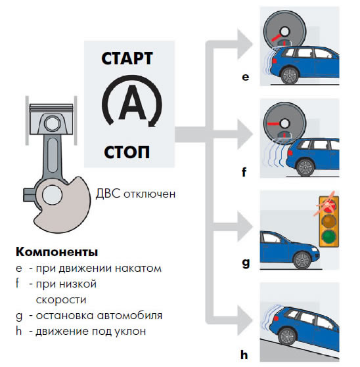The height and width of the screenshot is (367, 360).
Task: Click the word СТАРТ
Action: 127,58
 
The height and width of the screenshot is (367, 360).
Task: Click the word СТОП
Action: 127,152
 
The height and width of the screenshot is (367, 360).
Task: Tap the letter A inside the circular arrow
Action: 132,102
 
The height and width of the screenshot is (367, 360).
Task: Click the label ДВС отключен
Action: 135,194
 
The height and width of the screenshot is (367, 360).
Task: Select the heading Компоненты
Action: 56,252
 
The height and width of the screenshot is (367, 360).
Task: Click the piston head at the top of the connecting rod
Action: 51,119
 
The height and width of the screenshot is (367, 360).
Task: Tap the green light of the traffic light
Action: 329,236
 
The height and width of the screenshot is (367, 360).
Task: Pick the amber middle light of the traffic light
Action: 329,221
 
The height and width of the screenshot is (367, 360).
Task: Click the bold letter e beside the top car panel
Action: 246,77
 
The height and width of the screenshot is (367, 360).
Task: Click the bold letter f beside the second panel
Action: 244,172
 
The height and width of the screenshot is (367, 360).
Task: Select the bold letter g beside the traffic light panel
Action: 246,263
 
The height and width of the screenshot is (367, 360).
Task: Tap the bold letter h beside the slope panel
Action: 244,355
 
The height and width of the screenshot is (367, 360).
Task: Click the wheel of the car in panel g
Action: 303,260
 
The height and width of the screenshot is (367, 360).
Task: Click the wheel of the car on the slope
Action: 288,337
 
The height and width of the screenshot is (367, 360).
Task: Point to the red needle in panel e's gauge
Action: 277,37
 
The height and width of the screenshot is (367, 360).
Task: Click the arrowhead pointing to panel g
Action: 245,227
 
